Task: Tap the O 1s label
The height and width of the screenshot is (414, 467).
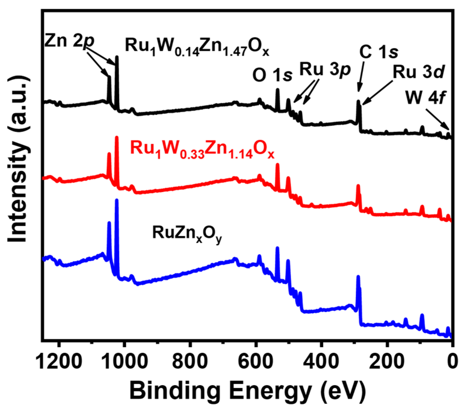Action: [x=272, y=75]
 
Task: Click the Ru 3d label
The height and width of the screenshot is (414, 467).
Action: [x=417, y=72]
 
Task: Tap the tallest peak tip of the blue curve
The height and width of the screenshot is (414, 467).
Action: [x=116, y=200]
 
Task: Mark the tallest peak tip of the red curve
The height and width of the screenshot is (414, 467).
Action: [x=116, y=138]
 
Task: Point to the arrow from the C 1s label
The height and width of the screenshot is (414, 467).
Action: [x=361, y=76]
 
